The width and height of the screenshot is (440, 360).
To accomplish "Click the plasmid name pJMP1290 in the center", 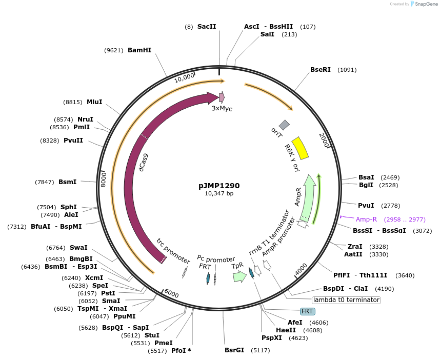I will click(x=219, y=186).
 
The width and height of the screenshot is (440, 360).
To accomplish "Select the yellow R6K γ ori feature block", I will click(x=299, y=148).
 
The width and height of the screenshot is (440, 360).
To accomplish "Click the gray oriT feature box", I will click(x=284, y=125).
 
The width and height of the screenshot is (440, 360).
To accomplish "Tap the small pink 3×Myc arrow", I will click(x=222, y=97).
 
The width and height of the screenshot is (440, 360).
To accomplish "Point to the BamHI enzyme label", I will click(x=139, y=50).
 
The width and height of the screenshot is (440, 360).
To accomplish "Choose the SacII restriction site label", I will click(x=207, y=26).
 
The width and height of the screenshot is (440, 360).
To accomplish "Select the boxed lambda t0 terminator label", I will click(x=346, y=299).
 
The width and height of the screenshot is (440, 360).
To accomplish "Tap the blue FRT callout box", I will click(x=308, y=311).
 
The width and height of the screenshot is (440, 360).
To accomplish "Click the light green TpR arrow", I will click(x=239, y=276).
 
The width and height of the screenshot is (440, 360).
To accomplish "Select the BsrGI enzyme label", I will click(x=234, y=350).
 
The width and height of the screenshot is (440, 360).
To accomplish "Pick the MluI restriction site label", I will click(x=94, y=102).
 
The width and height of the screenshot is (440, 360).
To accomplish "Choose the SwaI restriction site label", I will click(x=78, y=248).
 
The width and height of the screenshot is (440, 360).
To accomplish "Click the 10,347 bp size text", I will click(x=219, y=194).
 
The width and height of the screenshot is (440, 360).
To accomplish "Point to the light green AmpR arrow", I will click(x=308, y=198).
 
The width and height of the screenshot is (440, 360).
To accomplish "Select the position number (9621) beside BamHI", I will click(x=114, y=50).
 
